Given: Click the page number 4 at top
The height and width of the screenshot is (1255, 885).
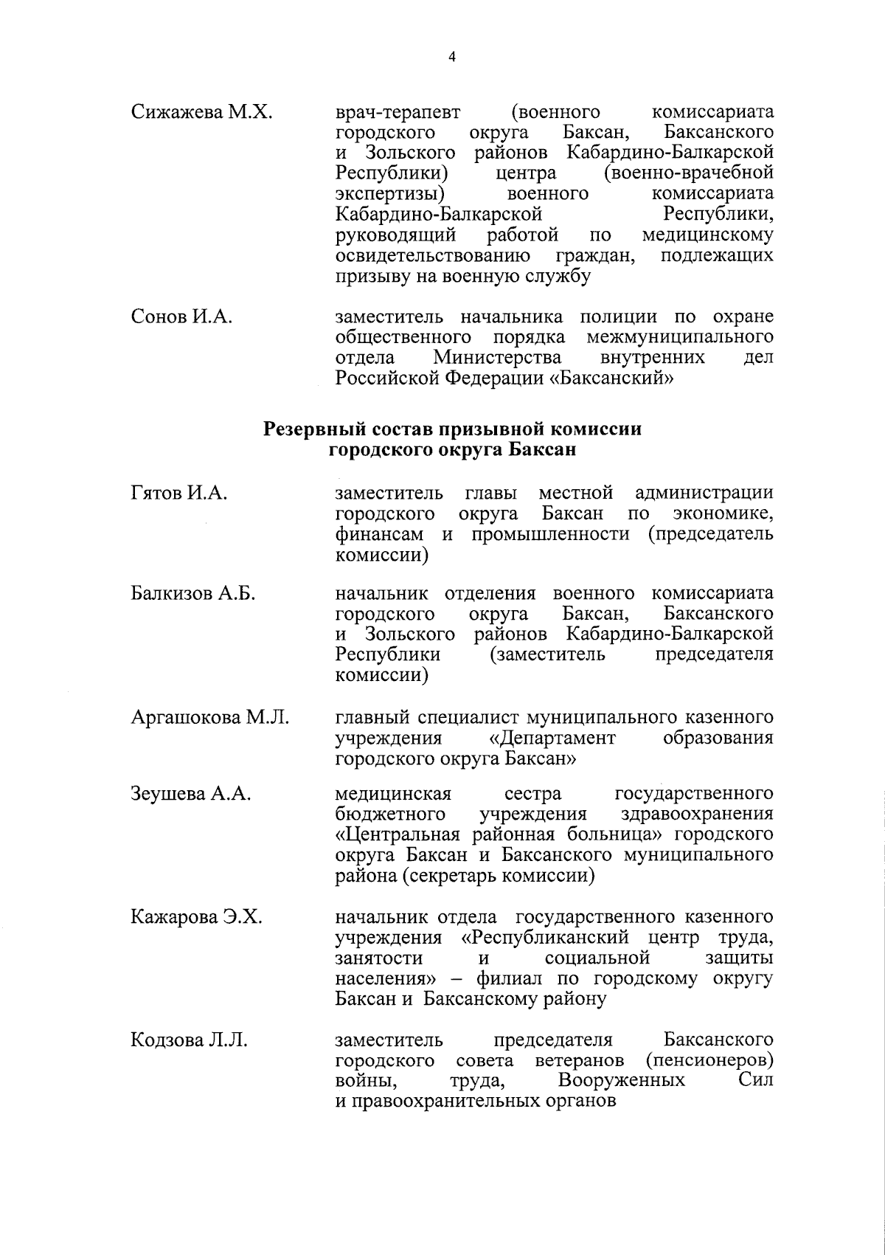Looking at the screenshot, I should click(451, 56).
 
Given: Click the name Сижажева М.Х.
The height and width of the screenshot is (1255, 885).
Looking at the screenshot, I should click(201, 112).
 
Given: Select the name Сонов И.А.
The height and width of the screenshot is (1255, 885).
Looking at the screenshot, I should click(181, 317).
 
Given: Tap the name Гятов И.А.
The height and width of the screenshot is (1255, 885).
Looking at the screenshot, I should click(178, 493).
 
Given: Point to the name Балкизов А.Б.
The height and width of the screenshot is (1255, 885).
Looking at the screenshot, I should click(192, 594).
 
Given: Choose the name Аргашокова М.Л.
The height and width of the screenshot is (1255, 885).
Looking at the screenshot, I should click(209, 717).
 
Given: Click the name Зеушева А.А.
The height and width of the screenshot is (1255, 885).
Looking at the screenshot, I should click(191, 794).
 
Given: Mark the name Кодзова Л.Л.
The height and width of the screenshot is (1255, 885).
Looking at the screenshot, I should click(189, 1040).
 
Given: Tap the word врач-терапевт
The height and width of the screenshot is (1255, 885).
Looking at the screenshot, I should click(398, 112).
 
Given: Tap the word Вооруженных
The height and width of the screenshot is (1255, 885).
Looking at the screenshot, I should click(621, 1081).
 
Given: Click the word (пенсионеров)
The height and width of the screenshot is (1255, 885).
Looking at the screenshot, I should click(709, 1061).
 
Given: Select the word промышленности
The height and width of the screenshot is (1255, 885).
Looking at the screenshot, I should click(550, 534).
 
